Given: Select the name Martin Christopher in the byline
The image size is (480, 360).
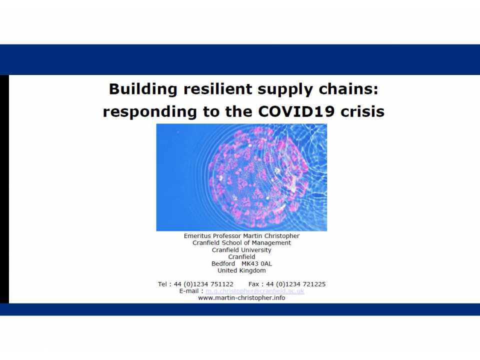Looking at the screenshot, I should pos(274,236).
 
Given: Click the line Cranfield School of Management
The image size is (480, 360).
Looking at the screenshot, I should pos(241,243).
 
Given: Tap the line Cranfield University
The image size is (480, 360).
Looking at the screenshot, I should pos(241,250).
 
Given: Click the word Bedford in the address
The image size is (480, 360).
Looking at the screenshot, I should pos(223,264).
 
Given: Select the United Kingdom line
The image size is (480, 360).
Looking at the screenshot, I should pos(241,271).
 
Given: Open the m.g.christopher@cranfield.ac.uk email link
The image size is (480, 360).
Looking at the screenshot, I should pos(254,291).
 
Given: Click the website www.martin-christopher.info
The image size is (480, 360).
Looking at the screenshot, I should pos(241,298).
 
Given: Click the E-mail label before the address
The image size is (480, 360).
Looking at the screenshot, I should pos(191,291).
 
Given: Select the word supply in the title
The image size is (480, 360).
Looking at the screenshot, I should pos(282,89).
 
